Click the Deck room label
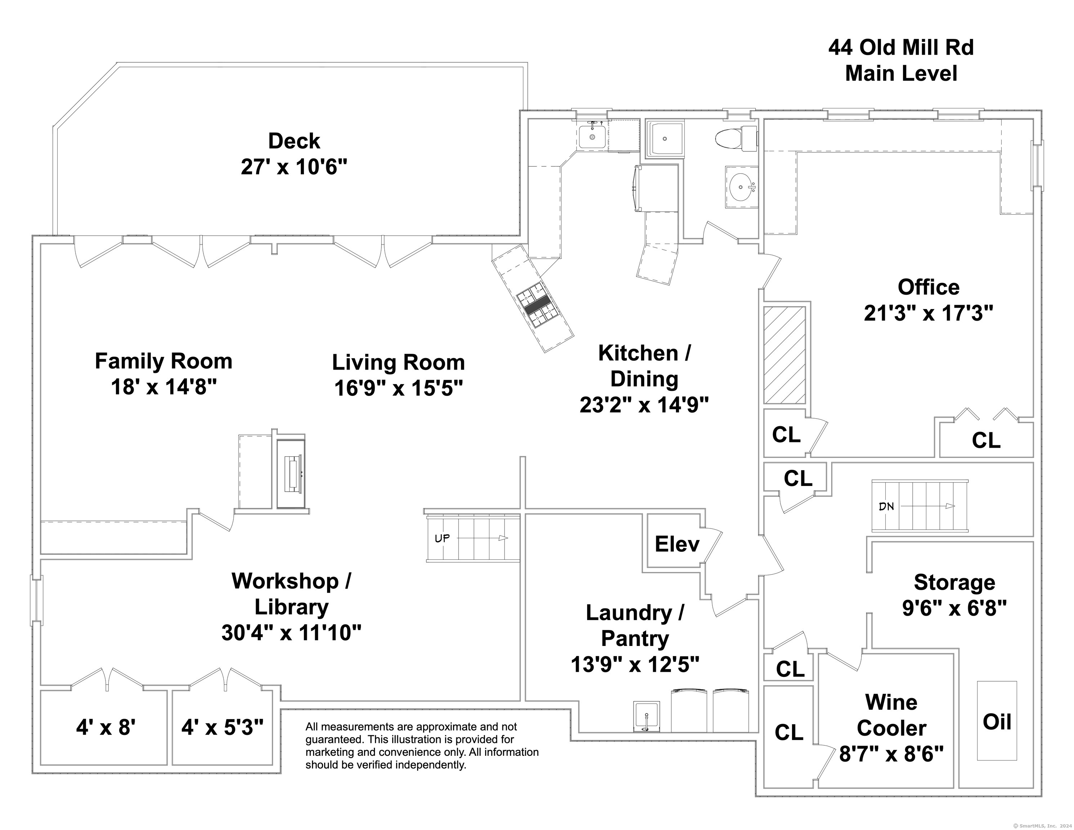pyautogui.click(x=294, y=141)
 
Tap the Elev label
pyautogui.click(x=677, y=544)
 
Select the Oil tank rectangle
pyautogui.click(x=997, y=721)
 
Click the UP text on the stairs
pyautogui.click(x=442, y=538)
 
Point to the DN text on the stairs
pyautogui.click(x=886, y=506)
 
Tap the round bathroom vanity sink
pyautogui.click(x=742, y=187)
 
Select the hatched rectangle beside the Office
pyautogui.click(x=784, y=355)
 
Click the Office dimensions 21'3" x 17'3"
pyautogui.click(x=928, y=313)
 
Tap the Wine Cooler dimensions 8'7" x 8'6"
pyautogui.click(x=891, y=754)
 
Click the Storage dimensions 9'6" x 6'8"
pyautogui.click(x=954, y=608)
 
